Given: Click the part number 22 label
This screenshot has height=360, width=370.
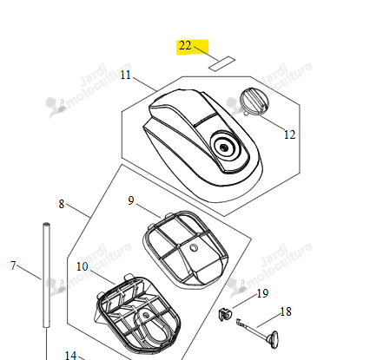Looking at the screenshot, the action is point(185,46).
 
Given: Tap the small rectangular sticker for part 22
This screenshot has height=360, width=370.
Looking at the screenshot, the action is point(222,63).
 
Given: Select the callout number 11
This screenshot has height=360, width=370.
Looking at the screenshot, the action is point(126,75).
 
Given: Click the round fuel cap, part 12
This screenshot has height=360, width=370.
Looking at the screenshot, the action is point(254,101).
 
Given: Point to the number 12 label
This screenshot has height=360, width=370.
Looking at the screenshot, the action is point(289,134).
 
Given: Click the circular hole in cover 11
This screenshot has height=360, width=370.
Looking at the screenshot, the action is point(224,147).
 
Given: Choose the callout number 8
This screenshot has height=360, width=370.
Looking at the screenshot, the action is point(62,204).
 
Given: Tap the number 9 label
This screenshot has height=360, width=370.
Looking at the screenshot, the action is point(131,200).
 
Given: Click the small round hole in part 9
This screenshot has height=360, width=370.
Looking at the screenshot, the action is point(194,247).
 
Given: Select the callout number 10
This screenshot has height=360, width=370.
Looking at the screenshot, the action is point(83,266).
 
